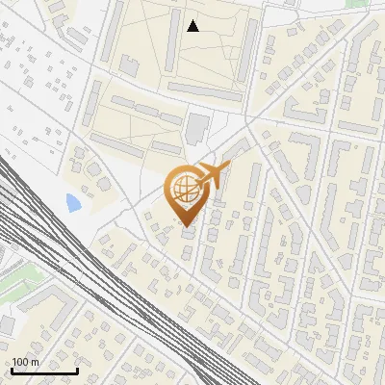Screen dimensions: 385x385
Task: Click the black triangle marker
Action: pyautogui.click(x=193, y=26)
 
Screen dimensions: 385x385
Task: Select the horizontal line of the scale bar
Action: pyautogui.click(x=44, y=372)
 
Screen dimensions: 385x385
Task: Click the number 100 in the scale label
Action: pyautogui.click(x=21, y=363)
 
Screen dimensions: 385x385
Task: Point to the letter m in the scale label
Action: pyautogui.click(x=35, y=363)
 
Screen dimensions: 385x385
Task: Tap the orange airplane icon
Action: pyautogui.click(x=213, y=176)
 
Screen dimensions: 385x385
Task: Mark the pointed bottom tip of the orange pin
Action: pyautogui.click(x=188, y=227)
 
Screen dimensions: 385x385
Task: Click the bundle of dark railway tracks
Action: pyautogui.click(x=96, y=279)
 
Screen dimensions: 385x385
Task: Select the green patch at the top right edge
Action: pyautogui.click(x=358, y=3)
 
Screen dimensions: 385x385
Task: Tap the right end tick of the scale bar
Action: pyautogui.click(x=77, y=370)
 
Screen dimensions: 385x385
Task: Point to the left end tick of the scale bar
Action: pyautogui.click(x=11, y=370)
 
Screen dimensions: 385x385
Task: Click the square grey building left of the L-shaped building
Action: pyautogui.click(x=7, y=324)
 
